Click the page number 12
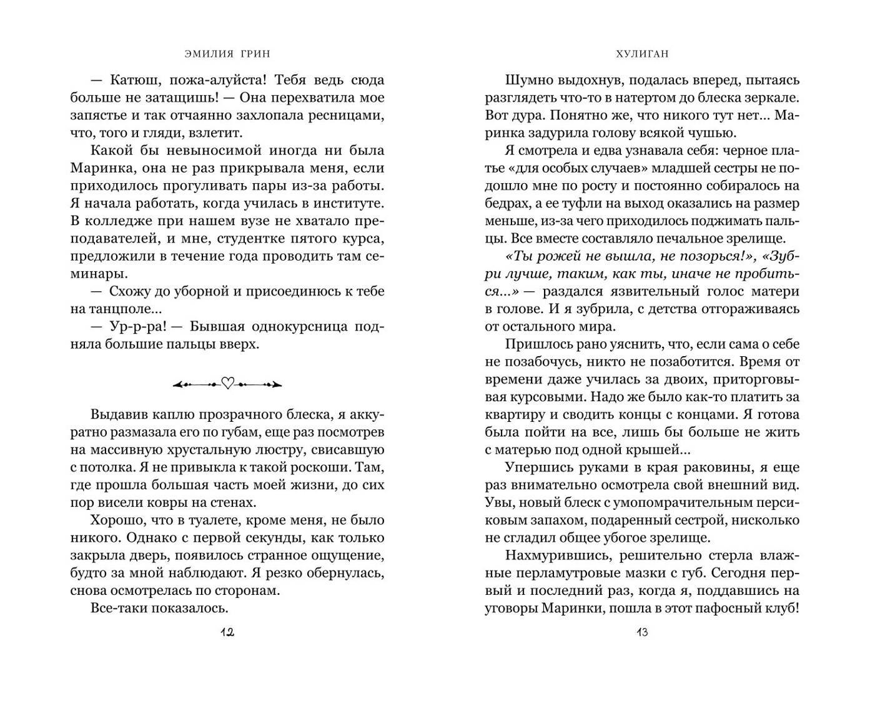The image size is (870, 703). coord(227,632)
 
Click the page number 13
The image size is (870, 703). coord(642,632)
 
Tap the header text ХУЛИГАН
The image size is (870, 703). coord(642,54)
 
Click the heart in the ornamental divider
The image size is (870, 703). coord(227,384)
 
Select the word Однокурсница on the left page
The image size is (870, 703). coord(299,327)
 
